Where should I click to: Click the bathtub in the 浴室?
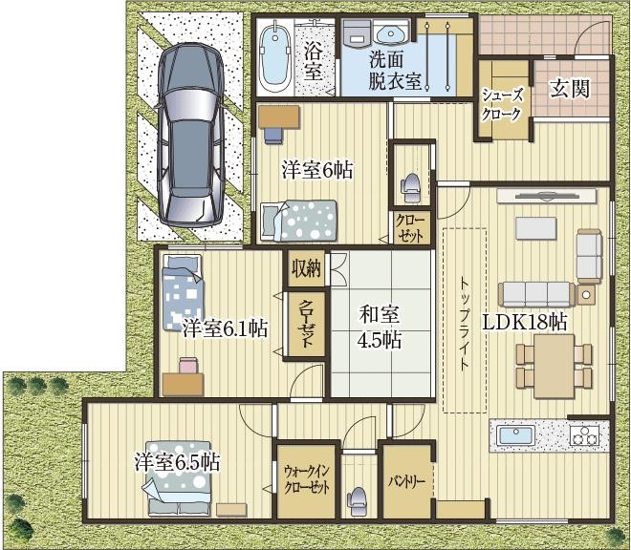(x=274, y=56)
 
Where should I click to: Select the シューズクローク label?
(x=503, y=105)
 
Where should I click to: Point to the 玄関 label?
(x=570, y=89)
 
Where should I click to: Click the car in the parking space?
(x=190, y=135)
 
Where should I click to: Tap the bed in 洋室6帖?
(x=298, y=221)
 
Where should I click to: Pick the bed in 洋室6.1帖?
(x=182, y=292)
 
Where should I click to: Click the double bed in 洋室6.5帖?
(x=178, y=478)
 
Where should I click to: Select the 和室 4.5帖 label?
(x=380, y=327)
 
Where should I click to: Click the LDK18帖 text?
(x=525, y=323)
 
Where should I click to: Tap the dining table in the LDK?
(x=554, y=366)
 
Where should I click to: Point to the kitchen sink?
(x=515, y=435)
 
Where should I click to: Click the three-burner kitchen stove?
(x=585, y=435)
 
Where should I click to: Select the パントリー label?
(x=406, y=481)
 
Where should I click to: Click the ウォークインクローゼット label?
(x=306, y=478)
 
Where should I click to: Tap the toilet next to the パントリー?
(x=357, y=501)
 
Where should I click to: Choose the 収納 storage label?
(x=306, y=267)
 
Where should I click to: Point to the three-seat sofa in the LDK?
(x=536, y=294)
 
